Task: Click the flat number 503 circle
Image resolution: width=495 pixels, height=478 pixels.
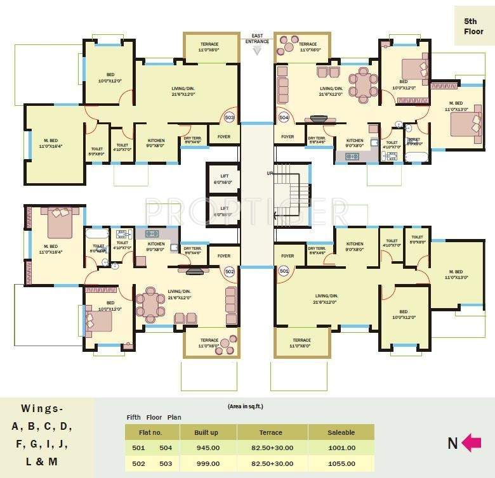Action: [229, 118]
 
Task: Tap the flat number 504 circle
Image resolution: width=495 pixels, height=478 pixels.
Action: [284, 118]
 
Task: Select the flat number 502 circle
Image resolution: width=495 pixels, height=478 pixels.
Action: [229, 271]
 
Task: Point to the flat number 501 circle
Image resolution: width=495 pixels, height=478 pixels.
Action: [284, 271]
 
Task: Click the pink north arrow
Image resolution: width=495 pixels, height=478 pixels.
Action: [471, 442]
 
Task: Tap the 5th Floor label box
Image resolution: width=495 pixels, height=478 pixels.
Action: [473, 25]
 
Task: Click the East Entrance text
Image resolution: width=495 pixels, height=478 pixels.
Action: [257, 39]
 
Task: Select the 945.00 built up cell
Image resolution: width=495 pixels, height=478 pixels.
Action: [207, 448]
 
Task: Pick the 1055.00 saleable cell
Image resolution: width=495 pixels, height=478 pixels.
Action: [341, 463]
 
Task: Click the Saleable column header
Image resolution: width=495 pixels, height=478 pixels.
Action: [341, 432]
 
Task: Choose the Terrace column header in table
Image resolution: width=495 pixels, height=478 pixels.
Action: [270, 432]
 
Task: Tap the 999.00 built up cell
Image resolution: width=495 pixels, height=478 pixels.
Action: [207, 463]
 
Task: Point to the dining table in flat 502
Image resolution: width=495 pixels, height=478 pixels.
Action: [150, 302]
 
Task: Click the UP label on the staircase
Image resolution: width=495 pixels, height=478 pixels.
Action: [269, 172]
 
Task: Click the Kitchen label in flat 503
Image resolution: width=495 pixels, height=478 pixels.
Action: [156, 140]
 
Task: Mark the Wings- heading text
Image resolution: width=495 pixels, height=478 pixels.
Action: [43, 408]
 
